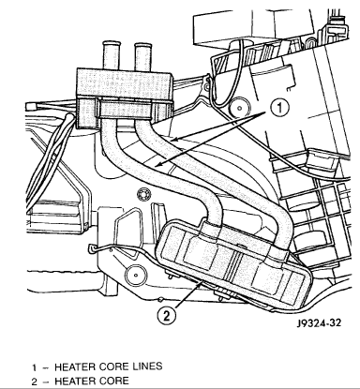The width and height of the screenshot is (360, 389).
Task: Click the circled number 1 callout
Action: (x=279, y=108)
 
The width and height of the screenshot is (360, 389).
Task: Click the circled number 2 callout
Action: (x=167, y=317)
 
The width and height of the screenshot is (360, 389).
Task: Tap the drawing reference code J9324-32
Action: (x=319, y=322)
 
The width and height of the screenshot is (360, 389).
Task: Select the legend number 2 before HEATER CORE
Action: (x=35, y=382)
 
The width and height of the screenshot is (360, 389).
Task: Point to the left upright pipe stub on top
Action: (x=112, y=55)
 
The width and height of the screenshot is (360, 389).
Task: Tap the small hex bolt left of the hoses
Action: (x=144, y=194)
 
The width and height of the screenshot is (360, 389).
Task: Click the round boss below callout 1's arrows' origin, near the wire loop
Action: (x=239, y=108)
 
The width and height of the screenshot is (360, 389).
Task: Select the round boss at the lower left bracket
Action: (x=136, y=276)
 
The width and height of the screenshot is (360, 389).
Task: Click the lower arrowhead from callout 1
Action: (x=156, y=165)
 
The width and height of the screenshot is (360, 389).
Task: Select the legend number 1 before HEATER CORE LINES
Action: (x=34, y=367)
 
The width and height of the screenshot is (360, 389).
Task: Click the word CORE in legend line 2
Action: (x=114, y=382)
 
